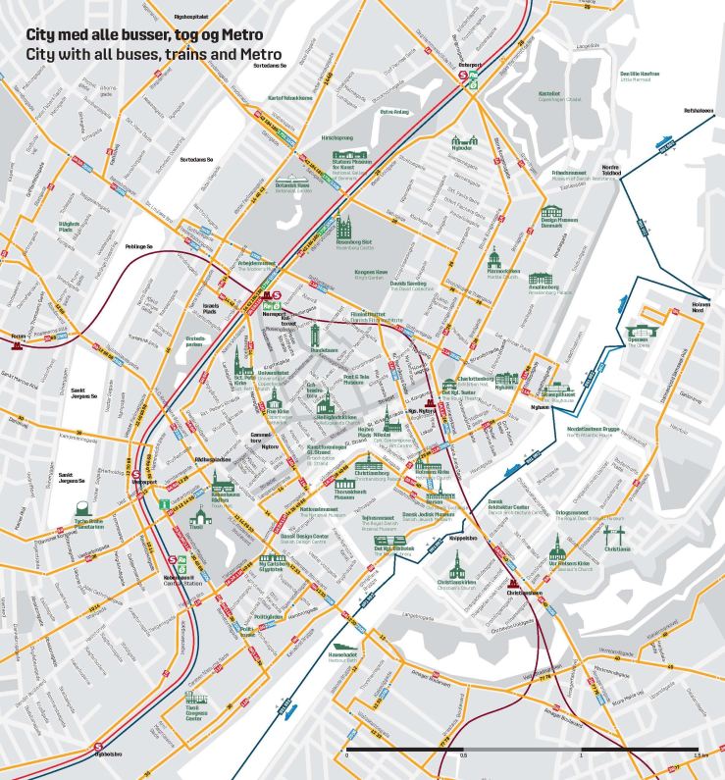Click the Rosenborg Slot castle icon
[343, 228]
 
